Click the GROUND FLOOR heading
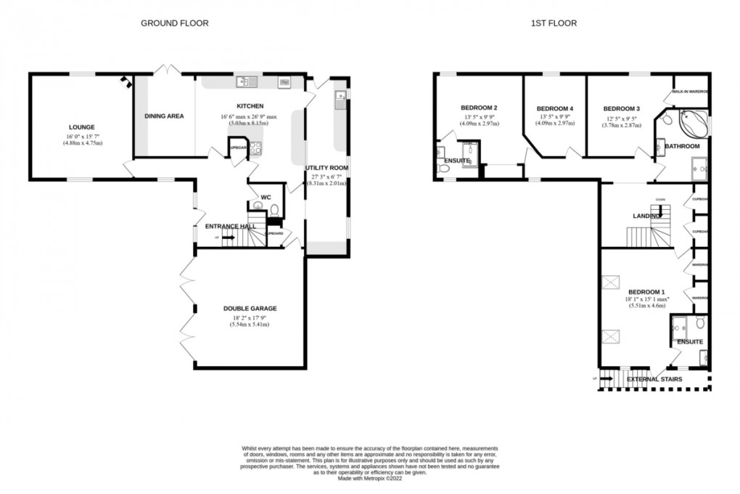click(x=174, y=23)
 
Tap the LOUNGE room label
click(x=82, y=125)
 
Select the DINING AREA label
click(x=164, y=116)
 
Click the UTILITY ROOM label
click(x=326, y=168)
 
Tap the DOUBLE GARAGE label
click(x=250, y=309)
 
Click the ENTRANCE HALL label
click(x=230, y=227)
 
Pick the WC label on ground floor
click(x=266, y=197)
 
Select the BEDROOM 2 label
click(x=479, y=108)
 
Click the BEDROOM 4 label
click(x=554, y=108)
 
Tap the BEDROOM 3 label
click(x=621, y=108)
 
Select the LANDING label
click(x=646, y=216)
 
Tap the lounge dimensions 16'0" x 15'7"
click(x=82, y=139)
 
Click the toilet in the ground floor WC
click(x=274, y=210)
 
